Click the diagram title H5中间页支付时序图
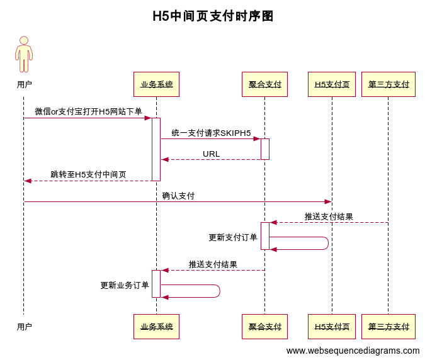point(213,16)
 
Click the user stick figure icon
point(24,54)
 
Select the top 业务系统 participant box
point(156,84)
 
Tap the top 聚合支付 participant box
point(264,84)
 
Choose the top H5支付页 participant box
point(332,84)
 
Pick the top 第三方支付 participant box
point(388,84)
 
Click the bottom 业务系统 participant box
point(156,327)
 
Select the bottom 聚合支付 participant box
point(264,327)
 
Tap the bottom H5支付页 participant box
point(332,327)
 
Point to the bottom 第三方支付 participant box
point(388,327)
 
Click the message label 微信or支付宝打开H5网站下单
point(88,111)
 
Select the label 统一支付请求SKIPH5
point(211,133)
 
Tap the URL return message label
point(211,154)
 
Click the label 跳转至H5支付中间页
point(88,174)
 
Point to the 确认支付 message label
point(178,196)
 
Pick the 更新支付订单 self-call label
point(233,237)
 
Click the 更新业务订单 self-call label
point(125,285)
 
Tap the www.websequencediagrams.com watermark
point(353,351)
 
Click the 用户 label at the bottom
point(24,327)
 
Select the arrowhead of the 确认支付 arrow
point(328,201)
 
